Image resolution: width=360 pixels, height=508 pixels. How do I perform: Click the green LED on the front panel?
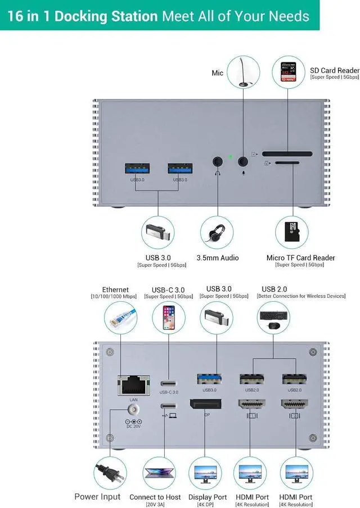click(x=230, y=157)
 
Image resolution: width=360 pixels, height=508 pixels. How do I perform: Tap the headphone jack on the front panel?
click(x=218, y=161)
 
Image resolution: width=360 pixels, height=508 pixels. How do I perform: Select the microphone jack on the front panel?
click(x=243, y=161)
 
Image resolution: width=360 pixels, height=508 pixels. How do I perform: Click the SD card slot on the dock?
click(x=287, y=153)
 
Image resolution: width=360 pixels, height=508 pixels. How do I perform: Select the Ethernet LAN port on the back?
click(x=133, y=384)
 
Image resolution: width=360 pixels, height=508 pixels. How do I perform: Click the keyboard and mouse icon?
click(x=273, y=319)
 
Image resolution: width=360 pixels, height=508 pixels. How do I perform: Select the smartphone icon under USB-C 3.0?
click(x=168, y=318)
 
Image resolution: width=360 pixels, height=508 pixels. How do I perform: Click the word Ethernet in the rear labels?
click(x=115, y=290)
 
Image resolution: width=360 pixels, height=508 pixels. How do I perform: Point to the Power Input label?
click(x=97, y=497)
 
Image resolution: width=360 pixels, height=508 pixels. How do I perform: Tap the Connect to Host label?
click(x=155, y=497)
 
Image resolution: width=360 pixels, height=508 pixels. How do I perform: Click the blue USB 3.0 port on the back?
click(x=209, y=380)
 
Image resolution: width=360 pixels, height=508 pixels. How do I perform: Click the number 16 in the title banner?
click(x=15, y=15)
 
